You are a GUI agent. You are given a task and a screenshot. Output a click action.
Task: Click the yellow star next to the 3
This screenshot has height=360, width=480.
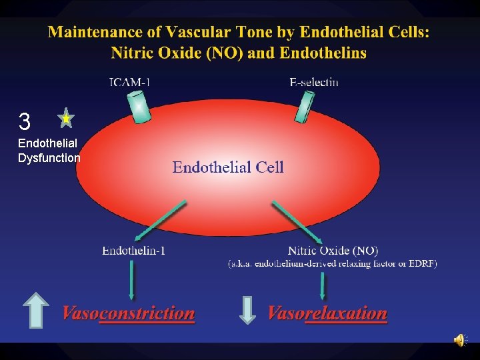click(x=65, y=119)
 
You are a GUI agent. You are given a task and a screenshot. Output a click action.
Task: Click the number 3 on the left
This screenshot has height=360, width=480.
click(x=25, y=122)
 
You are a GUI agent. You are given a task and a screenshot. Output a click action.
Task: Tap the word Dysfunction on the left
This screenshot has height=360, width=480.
click(x=49, y=158)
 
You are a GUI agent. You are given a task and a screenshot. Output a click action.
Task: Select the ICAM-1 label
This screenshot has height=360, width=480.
click(x=129, y=83)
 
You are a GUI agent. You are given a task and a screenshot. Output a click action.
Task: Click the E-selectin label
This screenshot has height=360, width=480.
click(x=314, y=83)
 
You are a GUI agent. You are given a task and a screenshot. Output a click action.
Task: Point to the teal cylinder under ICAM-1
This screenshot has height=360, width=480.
click(x=141, y=107)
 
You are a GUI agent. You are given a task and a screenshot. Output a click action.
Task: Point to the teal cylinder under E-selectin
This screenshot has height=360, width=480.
click(x=305, y=107)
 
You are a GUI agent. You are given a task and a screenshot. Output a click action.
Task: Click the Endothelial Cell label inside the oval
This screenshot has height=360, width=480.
click(x=228, y=167)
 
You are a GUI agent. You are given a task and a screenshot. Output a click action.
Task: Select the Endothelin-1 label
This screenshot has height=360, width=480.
click(x=133, y=251)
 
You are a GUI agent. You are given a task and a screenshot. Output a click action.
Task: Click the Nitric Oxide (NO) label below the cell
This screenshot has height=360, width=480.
click(x=333, y=251)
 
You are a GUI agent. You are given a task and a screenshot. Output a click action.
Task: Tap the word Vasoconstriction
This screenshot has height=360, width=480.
click(x=129, y=313)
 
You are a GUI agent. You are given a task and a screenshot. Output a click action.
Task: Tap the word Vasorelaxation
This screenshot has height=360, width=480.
click(x=327, y=313)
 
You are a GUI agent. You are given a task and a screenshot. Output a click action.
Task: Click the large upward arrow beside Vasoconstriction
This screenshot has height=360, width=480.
click(x=36, y=309)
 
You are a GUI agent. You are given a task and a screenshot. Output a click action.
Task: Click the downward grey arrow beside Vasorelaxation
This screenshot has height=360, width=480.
click(x=247, y=310)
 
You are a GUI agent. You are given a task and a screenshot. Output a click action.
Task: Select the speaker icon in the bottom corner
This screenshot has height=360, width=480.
click(x=460, y=341)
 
